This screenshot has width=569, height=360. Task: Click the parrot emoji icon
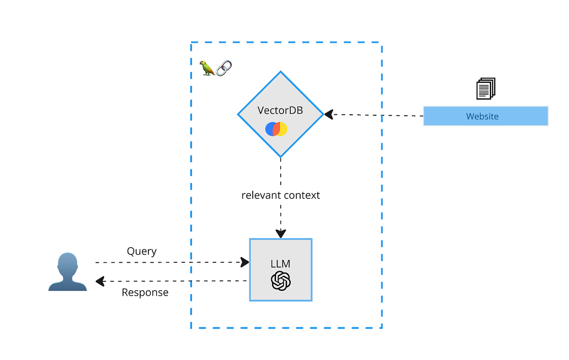(207, 68)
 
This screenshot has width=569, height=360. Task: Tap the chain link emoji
(223, 68)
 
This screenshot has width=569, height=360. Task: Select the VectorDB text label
(280, 110)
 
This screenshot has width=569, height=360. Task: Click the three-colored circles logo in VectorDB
(276, 129)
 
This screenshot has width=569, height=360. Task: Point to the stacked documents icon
(486, 88)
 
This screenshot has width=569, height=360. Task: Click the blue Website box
(486, 116)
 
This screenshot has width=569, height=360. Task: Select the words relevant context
(281, 195)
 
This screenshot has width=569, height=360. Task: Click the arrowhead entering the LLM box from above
(281, 233)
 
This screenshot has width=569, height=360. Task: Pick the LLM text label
(280, 263)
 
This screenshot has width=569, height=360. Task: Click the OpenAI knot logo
(281, 281)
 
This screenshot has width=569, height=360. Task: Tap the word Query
(141, 251)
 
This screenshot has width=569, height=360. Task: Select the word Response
(145, 293)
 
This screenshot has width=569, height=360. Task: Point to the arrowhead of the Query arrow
(245, 262)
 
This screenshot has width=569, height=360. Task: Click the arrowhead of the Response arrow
(100, 281)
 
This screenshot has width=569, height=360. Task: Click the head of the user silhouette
(67, 262)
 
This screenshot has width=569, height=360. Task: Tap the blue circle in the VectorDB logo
(270, 129)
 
